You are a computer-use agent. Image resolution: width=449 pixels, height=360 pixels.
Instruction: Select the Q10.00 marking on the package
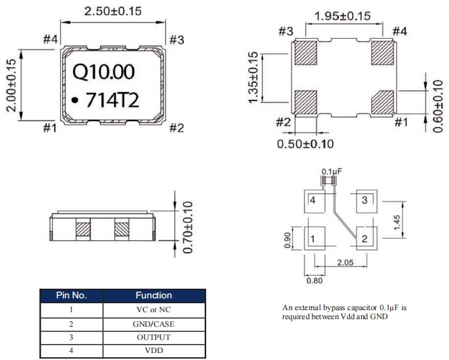click(x=104, y=71)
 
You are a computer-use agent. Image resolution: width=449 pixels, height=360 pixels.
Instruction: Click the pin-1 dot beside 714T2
click(x=74, y=101)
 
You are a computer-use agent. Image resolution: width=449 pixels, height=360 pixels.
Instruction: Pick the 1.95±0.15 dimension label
click(x=342, y=16)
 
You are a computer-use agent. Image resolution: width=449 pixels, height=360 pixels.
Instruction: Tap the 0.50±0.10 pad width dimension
click(x=306, y=144)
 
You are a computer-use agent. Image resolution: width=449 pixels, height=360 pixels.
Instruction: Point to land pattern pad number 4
click(x=313, y=201)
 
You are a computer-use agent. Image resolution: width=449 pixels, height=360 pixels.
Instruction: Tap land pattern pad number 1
click(x=313, y=240)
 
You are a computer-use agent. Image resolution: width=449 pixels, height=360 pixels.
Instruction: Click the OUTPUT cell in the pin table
click(x=154, y=337)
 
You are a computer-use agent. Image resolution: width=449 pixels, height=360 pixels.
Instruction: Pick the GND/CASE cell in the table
click(x=154, y=323)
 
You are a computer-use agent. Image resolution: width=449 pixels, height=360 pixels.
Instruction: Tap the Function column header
click(x=154, y=296)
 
